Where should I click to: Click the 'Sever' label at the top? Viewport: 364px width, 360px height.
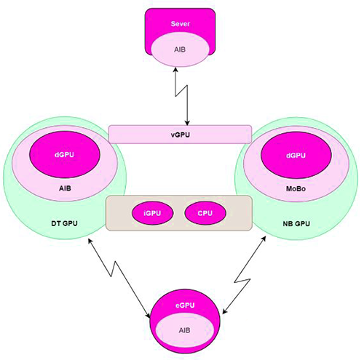coord(180,23)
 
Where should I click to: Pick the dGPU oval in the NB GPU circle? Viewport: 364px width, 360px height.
coord(296,156)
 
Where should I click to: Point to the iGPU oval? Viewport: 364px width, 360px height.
coord(151,214)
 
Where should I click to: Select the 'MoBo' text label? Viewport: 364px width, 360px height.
coord(296,187)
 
